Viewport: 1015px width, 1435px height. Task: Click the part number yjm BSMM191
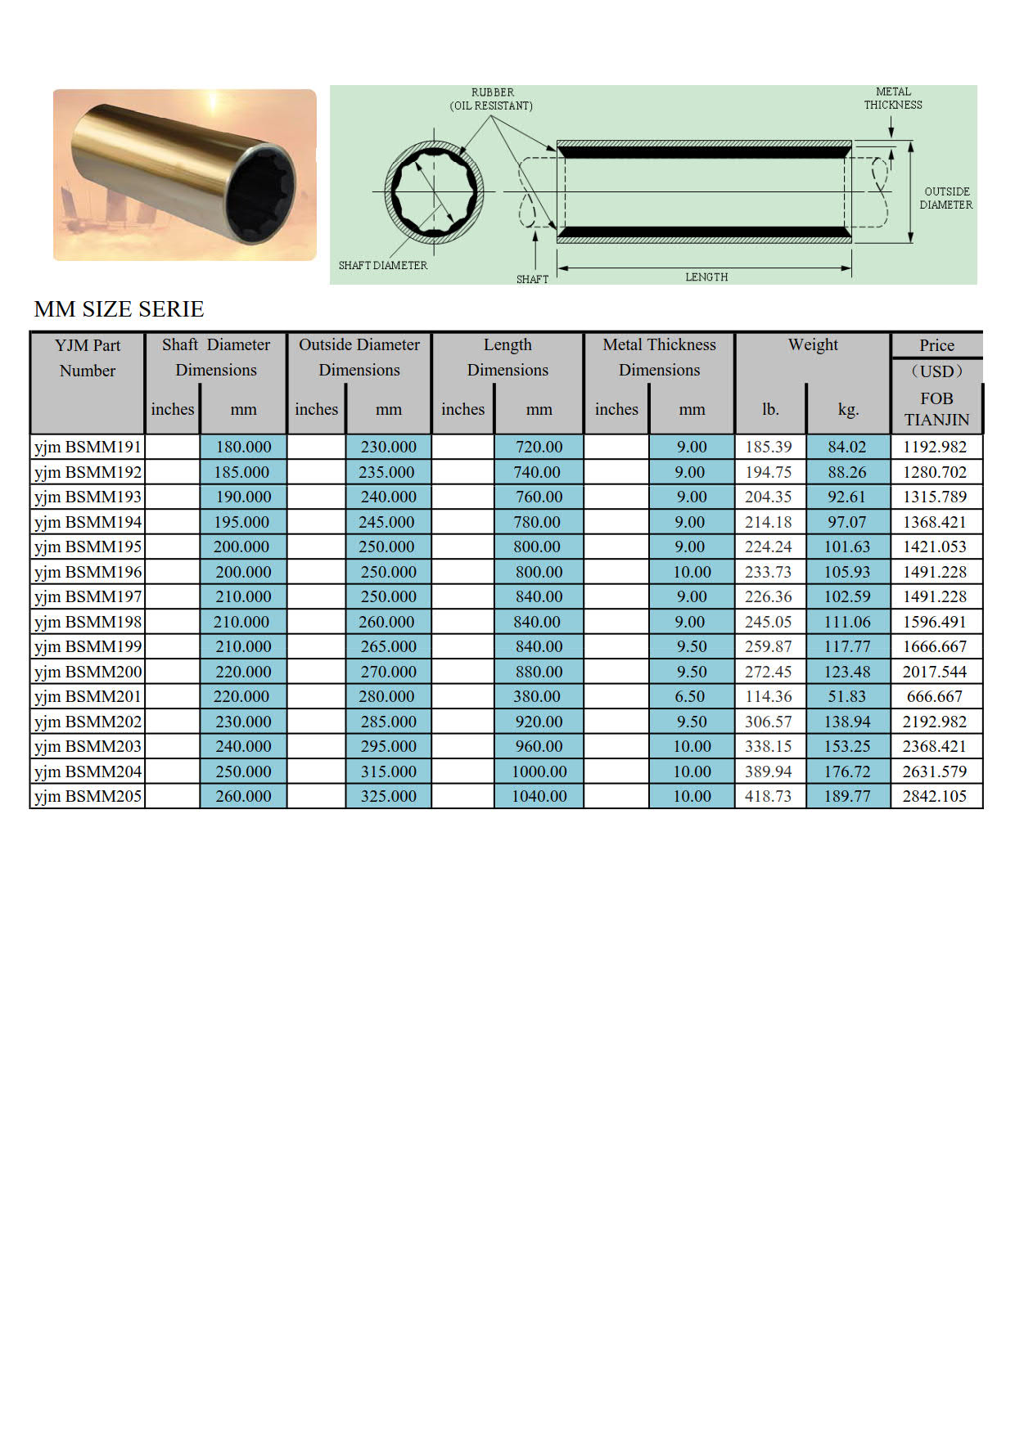(88, 447)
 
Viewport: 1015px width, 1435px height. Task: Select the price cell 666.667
(934, 696)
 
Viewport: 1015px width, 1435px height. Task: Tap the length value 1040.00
(539, 796)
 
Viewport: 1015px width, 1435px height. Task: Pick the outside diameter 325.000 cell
(388, 796)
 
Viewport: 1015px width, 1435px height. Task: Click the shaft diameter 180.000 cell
(243, 447)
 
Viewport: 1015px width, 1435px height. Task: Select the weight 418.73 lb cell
(768, 796)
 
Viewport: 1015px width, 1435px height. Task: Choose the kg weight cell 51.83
(846, 696)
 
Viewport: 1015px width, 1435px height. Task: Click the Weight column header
(812, 344)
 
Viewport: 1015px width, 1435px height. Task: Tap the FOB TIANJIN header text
(936, 409)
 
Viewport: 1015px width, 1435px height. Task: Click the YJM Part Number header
(88, 358)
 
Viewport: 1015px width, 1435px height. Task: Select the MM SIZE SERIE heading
(119, 309)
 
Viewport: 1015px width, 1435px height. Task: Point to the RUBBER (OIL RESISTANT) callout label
(492, 99)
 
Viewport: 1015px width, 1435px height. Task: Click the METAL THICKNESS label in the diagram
(893, 98)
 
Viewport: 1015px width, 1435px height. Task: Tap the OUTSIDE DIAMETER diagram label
(946, 198)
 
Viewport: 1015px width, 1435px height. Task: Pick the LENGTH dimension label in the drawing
(706, 277)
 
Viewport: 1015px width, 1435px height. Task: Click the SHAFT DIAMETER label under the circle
(382, 266)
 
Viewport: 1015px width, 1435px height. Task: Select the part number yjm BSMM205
(88, 796)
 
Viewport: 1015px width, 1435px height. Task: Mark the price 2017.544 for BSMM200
(934, 672)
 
